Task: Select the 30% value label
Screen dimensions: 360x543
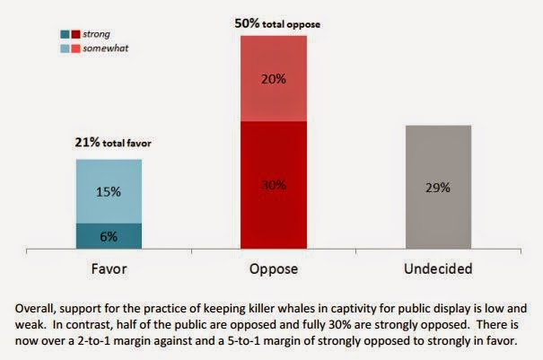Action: point(274,185)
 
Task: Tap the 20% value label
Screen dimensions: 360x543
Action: point(274,79)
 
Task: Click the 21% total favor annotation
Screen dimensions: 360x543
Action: point(109,142)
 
